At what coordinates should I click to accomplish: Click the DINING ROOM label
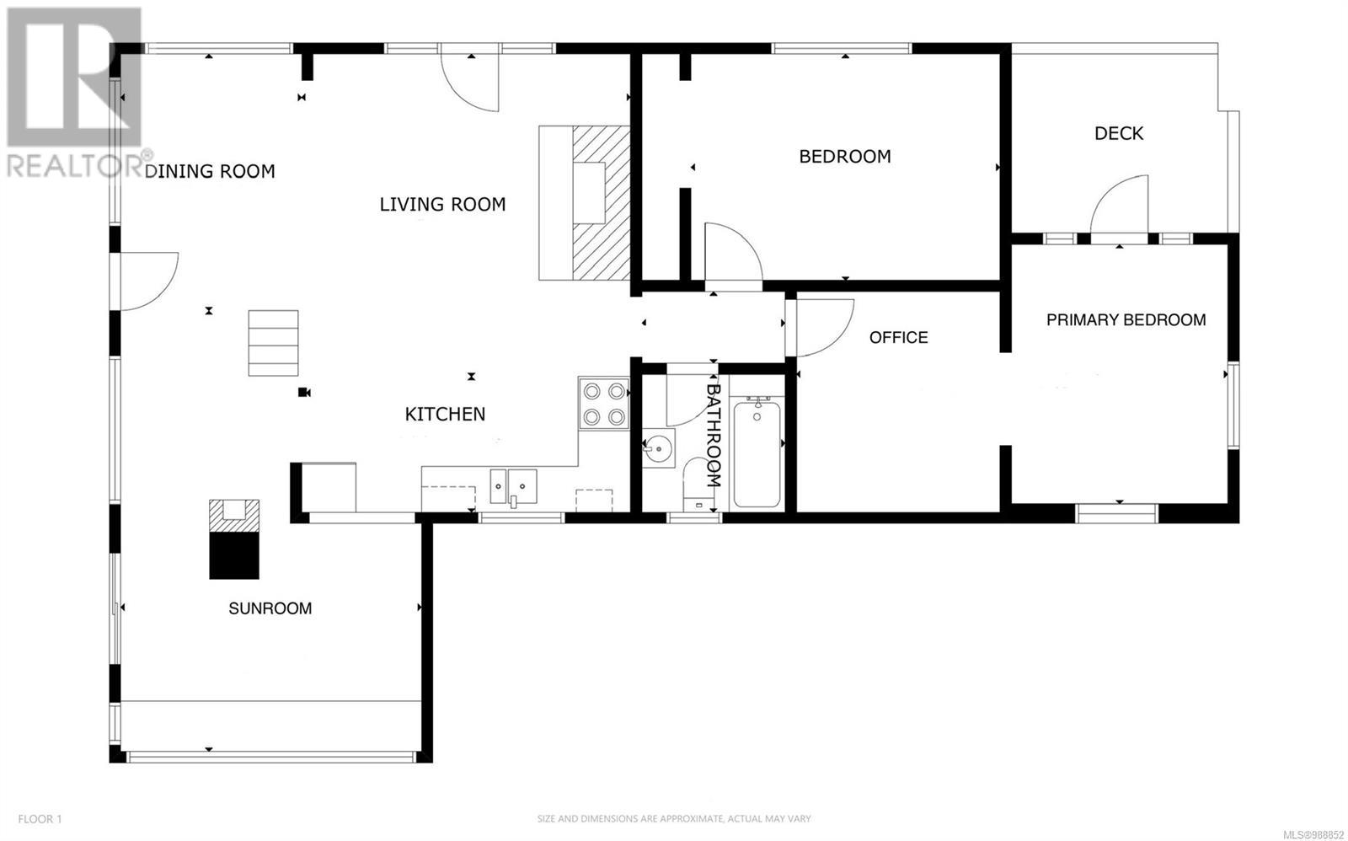point(210,172)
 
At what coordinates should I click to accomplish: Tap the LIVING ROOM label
point(442,205)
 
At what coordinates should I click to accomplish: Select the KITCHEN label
point(446,414)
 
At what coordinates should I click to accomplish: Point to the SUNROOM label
point(270,608)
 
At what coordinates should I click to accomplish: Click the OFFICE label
point(898,337)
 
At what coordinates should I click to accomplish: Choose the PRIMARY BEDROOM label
point(1126,319)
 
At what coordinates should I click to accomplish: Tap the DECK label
point(1119,133)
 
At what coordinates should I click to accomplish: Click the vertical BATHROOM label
point(713,436)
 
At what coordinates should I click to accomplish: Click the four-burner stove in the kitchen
point(603,404)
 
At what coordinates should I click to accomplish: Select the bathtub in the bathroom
point(757,453)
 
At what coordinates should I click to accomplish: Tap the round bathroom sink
point(659,448)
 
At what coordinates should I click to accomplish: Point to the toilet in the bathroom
point(698,485)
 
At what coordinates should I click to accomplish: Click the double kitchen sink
point(513,486)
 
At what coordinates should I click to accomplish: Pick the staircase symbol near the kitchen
point(273,343)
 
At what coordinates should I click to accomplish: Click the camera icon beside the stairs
point(304,393)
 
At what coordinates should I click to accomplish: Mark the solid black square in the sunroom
point(234,555)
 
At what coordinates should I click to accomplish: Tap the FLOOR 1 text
point(40,819)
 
